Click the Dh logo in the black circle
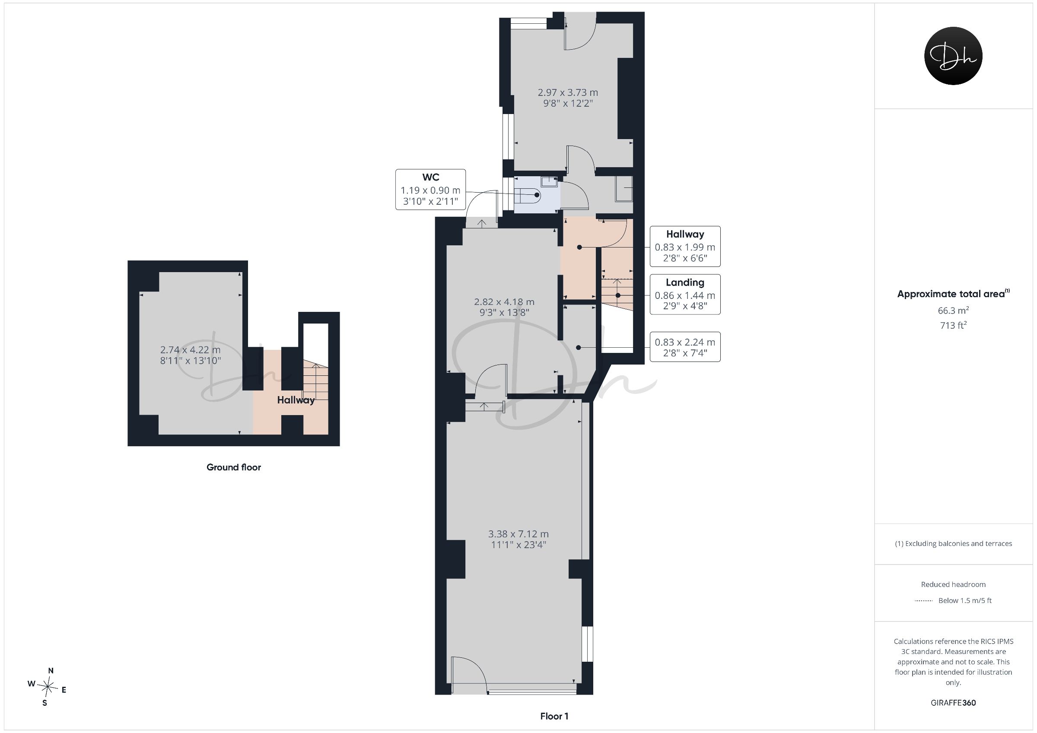(953, 56)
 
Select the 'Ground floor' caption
(233, 467)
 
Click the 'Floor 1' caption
(554, 716)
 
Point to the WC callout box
(430, 189)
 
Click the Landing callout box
(685, 294)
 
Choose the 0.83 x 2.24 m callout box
(685, 347)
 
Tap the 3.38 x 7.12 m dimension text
(518, 539)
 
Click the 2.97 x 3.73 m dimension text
(568, 98)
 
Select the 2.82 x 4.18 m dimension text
(504, 307)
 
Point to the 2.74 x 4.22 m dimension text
(190, 355)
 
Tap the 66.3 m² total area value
(953, 311)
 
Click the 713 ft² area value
(953, 325)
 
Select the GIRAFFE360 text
(953, 703)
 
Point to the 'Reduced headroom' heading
(953, 584)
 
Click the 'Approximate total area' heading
(953, 294)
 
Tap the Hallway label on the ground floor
(296, 400)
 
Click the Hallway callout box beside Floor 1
(685, 246)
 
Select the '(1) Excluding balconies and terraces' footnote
(953, 544)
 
